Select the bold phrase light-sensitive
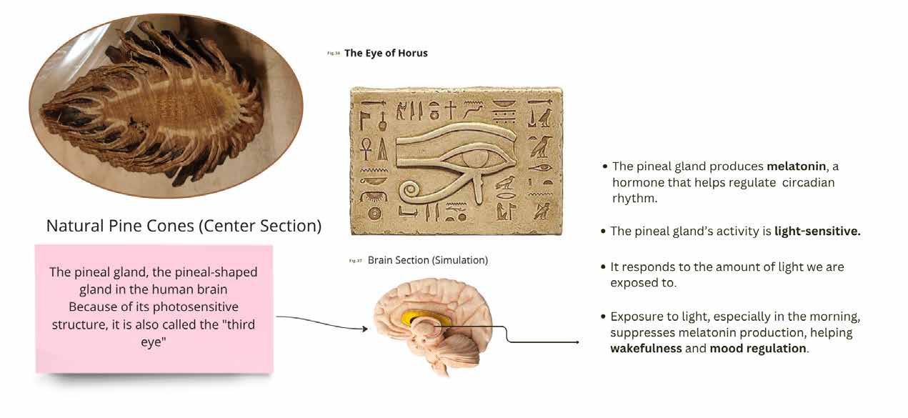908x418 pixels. click(x=817, y=232)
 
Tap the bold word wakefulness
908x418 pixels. click(x=646, y=349)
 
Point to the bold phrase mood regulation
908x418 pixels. click(x=758, y=349)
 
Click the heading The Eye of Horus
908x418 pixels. click(x=386, y=53)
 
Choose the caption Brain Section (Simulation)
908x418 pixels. click(x=427, y=260)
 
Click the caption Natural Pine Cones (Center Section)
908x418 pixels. click(x=184, y=226)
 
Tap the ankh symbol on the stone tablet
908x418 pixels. click(x=365, y=149)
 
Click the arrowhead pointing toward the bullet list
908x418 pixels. click(x=577, y=342)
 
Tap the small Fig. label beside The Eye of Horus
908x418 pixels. click(x=334, y=54)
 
